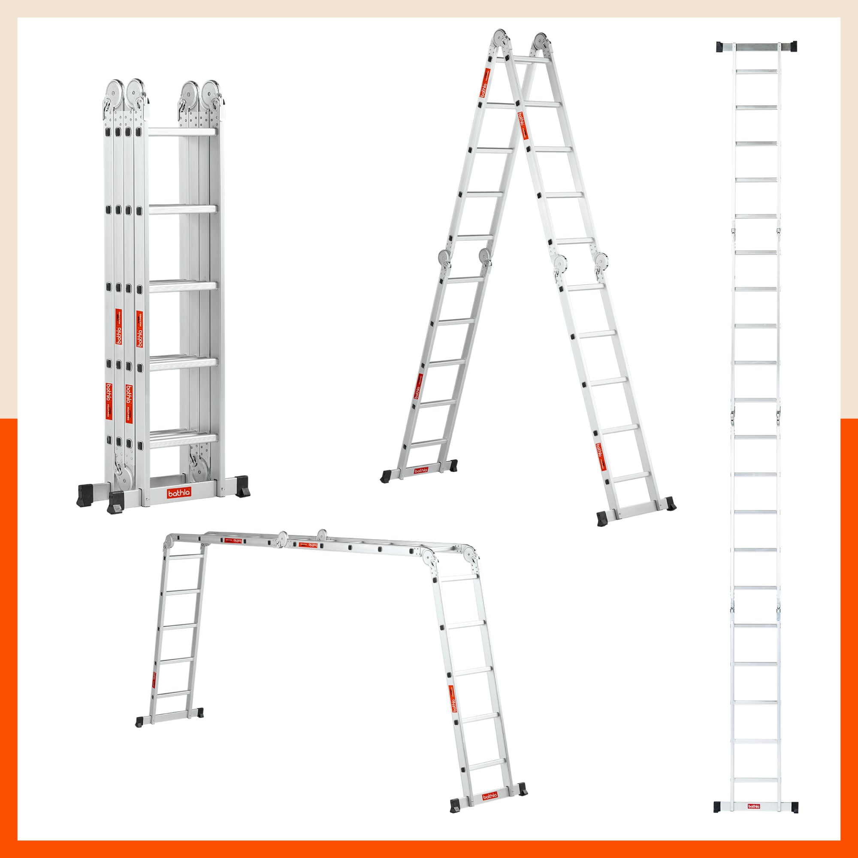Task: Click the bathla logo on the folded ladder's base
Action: (179, 493)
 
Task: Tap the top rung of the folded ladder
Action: (182, 132)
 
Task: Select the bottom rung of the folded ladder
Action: (183, 438)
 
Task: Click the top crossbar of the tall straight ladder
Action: (756, 47)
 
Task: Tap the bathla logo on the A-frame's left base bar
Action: (420, 470)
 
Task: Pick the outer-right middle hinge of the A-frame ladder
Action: (602, 261)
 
